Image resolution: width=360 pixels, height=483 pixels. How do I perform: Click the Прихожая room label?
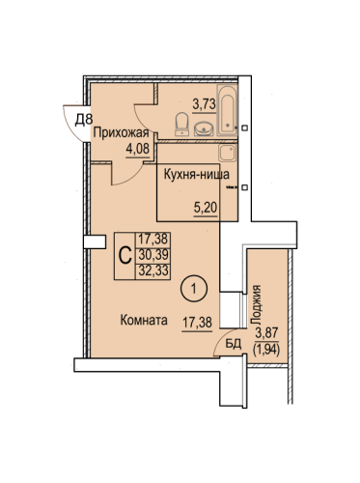coord(121,133)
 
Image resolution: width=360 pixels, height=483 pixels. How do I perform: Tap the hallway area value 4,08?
coord(138,149)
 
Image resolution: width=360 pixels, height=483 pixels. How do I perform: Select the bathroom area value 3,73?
coord(204,104)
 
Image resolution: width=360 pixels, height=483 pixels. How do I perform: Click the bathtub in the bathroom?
coord(228,110)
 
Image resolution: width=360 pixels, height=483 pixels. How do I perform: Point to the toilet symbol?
coord(182,124)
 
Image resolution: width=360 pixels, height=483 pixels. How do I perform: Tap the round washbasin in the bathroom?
coord(204,128)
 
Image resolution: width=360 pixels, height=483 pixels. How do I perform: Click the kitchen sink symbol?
coord(228,153)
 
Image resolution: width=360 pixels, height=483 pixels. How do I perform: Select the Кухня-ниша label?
coord(197,175)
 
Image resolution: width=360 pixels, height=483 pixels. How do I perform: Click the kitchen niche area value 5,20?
coord(206,208)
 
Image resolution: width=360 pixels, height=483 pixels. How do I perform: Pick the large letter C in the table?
coord(125,255)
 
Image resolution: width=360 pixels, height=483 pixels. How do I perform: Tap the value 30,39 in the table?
coord(153,255)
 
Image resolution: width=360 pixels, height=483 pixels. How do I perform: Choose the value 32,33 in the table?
coord(153,270)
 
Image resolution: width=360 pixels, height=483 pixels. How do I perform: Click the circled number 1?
coord(194,289)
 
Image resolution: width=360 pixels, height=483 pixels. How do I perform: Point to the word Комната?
coord(144,321)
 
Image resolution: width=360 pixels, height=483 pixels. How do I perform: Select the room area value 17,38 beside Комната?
coord(198,322)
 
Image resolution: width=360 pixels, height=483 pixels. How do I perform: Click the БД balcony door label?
coord(234,344)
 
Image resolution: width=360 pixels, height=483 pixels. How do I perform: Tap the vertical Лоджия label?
coord(257,304)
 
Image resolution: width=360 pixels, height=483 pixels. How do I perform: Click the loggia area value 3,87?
coord(266,332)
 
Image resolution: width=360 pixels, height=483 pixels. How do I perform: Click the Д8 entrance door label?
coord(84,120)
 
